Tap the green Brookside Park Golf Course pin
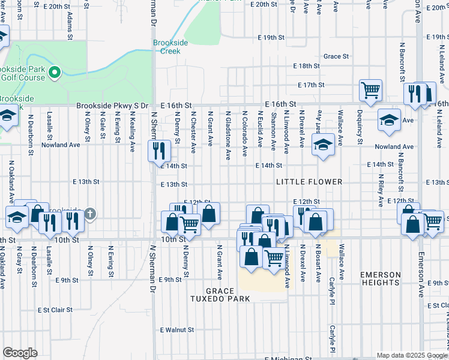click(x=54, y=73)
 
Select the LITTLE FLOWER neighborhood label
click(x=309, y=182)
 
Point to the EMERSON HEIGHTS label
click(x=381, y=278)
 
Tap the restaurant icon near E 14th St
click(x=158, y=150)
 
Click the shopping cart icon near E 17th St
click(x=370, y=90)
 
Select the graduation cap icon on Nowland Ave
click(x=323, y=145)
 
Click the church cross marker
click(x=89, y=214)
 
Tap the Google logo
click(x=20, y=353)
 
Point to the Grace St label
click(x=336, y=56)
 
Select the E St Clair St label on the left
click(x=55, y=310)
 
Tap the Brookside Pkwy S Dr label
click(x=112, y=105)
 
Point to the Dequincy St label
click(x=360, y=127)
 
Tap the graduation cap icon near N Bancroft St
click(x=389, y=120)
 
